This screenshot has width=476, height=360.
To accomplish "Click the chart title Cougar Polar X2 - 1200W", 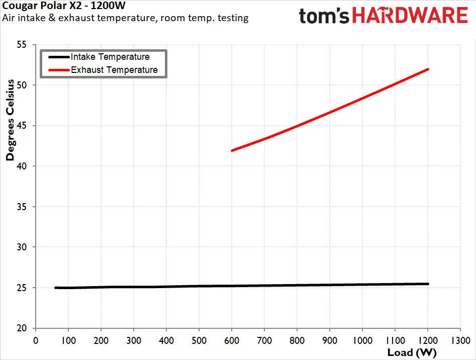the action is coord(64,6).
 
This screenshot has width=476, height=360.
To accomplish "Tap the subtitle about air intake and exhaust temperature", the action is coord(125,18).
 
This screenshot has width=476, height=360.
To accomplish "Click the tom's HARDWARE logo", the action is coord(383,15).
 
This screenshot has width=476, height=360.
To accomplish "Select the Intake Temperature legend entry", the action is coord(99,57).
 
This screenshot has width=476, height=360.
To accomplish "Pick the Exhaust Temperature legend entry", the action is coord(103,70).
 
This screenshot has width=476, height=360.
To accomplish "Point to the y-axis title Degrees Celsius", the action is coord(10,120).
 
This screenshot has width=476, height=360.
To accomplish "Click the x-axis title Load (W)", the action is coord(412,352).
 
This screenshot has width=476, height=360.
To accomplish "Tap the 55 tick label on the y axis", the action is coord(22,45).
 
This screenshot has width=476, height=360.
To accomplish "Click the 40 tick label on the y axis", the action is coord(22,166).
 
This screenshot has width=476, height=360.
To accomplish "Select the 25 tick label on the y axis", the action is coord(22,288).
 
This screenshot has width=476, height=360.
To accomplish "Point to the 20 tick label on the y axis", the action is coord(22,328).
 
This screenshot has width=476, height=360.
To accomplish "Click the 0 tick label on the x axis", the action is coord(36,340).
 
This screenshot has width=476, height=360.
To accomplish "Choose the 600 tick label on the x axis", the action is coord(232,340).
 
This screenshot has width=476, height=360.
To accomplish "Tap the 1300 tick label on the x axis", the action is coord(460,340).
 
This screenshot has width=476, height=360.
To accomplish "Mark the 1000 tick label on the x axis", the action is coord(362,340).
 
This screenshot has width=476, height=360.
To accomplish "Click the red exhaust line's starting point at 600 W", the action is coord(232,150).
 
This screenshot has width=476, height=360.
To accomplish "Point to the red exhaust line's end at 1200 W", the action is coord(428,69).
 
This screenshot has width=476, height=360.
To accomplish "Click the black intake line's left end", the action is coord(56,288).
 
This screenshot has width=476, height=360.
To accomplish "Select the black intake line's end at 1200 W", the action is coord(428,284).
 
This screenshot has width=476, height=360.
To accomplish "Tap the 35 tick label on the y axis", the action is coord(22,207).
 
